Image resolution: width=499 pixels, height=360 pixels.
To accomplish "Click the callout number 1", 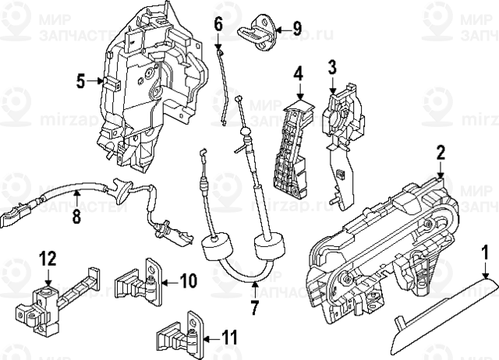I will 484,252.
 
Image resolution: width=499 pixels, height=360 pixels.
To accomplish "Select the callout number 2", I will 441,152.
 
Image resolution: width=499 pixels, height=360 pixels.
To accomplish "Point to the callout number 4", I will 298,75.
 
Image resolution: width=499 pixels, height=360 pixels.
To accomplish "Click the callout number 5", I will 80,79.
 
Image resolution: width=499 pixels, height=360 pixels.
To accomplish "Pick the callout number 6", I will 218,25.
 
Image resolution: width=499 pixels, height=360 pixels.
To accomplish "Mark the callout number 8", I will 76,217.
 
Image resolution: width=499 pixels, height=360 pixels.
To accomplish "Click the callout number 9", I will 296,29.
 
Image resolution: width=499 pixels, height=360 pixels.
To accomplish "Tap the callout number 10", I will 189,280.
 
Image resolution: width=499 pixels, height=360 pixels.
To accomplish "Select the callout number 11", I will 228,337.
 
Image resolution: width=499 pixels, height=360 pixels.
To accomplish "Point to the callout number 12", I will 48,259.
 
